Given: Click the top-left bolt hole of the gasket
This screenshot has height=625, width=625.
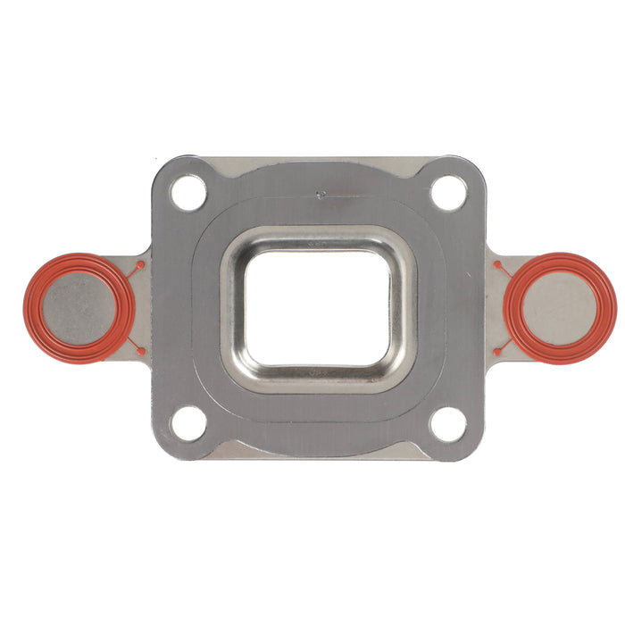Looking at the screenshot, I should [x=188, y=193].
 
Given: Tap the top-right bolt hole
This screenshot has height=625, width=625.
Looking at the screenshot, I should [x=448, y=193].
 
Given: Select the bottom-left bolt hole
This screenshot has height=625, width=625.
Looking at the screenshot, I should [x=188, y=423].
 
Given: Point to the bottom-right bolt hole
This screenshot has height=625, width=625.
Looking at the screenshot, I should [x=447, y=423].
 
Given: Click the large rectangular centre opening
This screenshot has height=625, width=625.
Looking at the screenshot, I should [x=318, y=308].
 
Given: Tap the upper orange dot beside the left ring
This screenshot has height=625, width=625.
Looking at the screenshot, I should [x=140, y=265].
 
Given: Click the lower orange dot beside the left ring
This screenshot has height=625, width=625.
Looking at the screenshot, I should [x=141, y=351].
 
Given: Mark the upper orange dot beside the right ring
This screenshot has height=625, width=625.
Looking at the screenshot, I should [x=496, y=265].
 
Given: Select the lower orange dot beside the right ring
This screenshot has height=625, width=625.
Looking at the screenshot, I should [x=496, y=351].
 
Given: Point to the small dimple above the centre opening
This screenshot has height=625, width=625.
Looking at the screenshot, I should [x=320, y=190].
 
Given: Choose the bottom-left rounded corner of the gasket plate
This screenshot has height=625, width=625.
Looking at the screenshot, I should [x=161, y=450].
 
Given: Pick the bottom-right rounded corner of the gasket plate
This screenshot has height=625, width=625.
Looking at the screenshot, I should [x=475, y=450].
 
